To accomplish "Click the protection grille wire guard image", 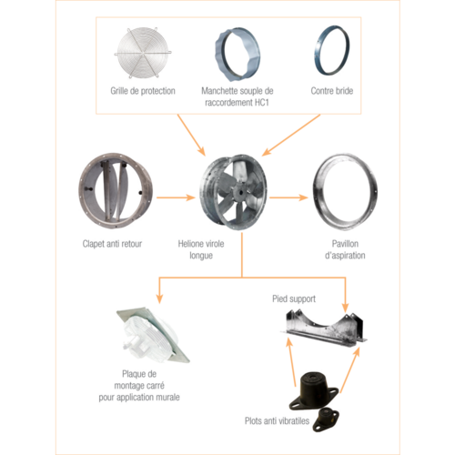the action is (x=143, y=53).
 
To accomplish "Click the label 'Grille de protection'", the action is (x=143, y=91).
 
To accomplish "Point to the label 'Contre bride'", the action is (x=332, y=91).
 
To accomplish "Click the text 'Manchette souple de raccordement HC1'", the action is (x=238, y=96).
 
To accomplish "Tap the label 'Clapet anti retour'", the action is (x=112, y=244).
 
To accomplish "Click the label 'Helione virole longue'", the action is (x=201, y=249).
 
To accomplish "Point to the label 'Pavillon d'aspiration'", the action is (x=345, y=249).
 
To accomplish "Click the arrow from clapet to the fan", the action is (x=176, y=197).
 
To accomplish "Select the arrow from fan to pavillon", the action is (x=288, y=197).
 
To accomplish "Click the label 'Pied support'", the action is (x=294, y=298).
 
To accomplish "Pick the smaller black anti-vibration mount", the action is (x=326, y=420).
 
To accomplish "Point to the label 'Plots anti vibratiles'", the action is (x=277, y=420).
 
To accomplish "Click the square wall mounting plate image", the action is (x=152, y=335).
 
